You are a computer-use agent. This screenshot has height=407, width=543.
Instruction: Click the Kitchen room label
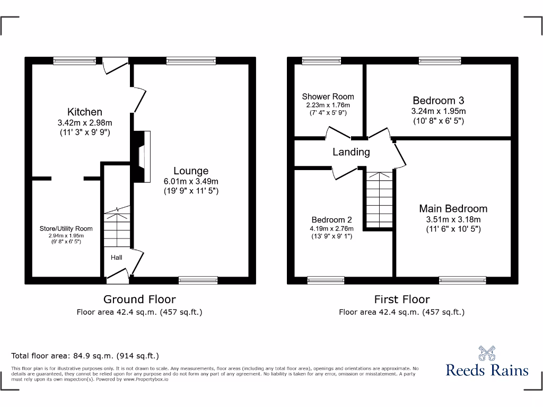pyautogui.click(x=85, y=112)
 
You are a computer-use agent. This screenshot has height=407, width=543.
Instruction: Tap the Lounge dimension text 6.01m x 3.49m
pyautogui.click(x=191, y=181)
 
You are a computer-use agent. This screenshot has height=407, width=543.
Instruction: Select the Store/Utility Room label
pyautogui.click(x=66, y=228)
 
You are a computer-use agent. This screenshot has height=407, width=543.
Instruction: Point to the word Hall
pyautogui.click(x=117, y=258)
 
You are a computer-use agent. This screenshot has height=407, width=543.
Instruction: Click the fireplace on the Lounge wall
pyautogui.click(x=141, y=157)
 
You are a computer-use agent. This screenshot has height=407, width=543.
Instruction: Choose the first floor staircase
pyautogui.click(x=378, y=200)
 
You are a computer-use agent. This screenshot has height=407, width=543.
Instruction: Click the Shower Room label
pyautogui.click(x=328, y=96)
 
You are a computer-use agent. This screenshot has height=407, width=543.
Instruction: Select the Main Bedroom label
pyautogui.click(x=453, y=209)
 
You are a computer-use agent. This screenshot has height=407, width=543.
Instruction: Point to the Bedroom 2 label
pyautogui.click(x=331, y=220)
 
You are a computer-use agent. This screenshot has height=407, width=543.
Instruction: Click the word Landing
pyautogui.click(x=351, y=152)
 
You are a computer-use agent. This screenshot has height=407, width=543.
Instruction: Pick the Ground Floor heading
pyautogui.click(x=139, y=299)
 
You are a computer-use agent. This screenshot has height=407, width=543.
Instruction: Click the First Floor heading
pyautogui.click(x=402, y=299)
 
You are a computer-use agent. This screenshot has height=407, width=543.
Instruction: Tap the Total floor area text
pyautogui.click(x=85, y=356)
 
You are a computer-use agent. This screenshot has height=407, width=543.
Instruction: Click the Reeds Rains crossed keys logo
pyautogui.click(x=487, y=353)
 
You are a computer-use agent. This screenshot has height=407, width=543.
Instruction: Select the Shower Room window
pyautogui.click(x=322, y=61)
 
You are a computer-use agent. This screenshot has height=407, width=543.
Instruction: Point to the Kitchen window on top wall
pyautogui.click(x=75, y=61)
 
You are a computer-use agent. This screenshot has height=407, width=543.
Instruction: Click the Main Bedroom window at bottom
pyautogui.click(x=462, y=280)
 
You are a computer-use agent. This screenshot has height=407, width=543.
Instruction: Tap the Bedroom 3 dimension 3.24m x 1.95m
pyautogui.click(x=439, y=111)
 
